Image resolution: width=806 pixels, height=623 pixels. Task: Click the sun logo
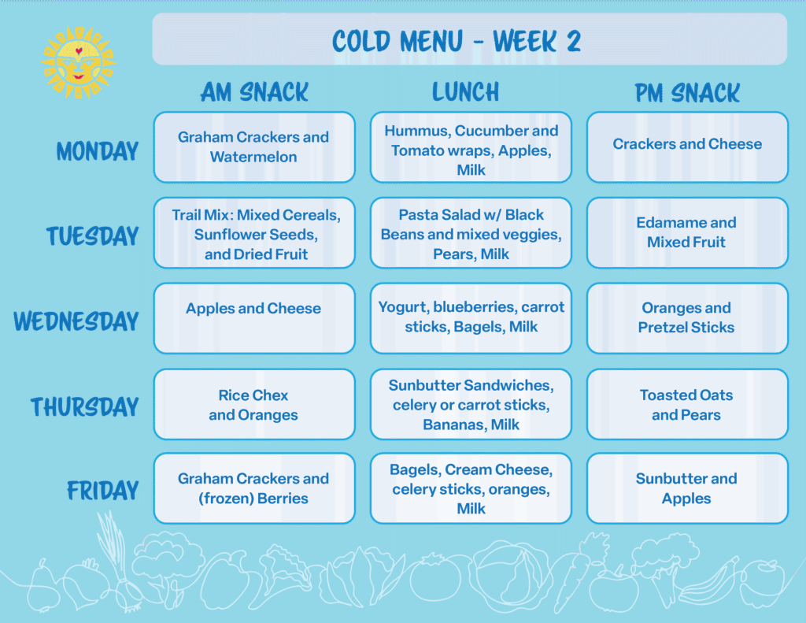click(x=78, y=63)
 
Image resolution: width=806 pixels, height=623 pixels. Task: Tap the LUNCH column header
click(x=466, y=92)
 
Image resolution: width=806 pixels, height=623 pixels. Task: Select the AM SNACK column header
click(x=254, y=93)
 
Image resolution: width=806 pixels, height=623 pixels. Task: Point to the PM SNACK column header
click(x=687, y=93)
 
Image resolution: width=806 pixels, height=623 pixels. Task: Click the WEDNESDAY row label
click(x=76, y=321)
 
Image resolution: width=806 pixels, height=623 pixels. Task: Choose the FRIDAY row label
click(x=103, y=490)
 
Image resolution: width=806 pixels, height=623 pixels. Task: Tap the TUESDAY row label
click(x=93, y=236)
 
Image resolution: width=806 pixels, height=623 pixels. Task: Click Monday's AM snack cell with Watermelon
click(x=254, y=147)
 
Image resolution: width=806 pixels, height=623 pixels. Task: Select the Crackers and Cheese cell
click(x=687, y=147)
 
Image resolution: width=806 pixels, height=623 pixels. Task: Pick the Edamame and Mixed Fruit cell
click(x=687, y=232)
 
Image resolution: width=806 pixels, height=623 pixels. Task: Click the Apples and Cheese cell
click(x=254, y=318)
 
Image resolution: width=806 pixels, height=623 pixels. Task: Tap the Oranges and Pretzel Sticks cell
click(x=687, y=318)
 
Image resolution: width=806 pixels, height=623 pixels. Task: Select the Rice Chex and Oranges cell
click(x=254, y=404)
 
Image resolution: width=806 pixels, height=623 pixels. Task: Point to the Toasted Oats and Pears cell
click(x=687, y=404)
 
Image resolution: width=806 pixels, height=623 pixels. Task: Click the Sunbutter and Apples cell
click(x=687, y=488)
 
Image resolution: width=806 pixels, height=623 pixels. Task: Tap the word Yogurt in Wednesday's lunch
click(x=404, y=308)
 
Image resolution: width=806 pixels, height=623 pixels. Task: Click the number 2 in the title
click(x=574, y=41)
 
